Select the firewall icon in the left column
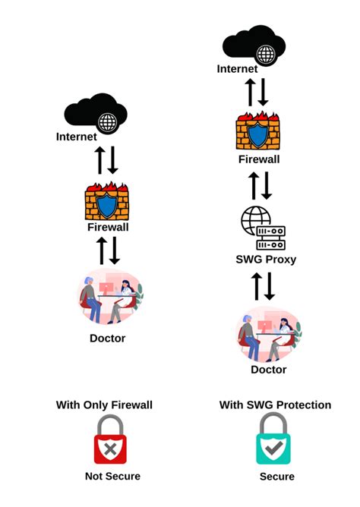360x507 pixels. tap(107, 203)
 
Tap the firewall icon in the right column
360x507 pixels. tap(259, 134)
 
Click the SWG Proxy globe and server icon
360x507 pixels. tap(263, 228)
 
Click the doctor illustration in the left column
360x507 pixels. tap(109, 297)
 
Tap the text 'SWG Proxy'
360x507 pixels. tap(266, 260)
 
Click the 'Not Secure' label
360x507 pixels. tap(112, 477)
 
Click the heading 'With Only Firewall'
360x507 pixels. tap(104, 405)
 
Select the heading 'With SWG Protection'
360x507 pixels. tap(275, 405)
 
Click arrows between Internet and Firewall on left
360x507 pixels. tap(106, 160)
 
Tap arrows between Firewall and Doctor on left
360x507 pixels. tap(107, 250)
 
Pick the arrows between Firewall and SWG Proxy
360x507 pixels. tap(261, 185)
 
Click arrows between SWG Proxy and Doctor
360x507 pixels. tap(263, 286)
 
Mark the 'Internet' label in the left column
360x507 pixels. tap(77, 137)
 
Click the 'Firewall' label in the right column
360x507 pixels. tap(259, 160)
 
